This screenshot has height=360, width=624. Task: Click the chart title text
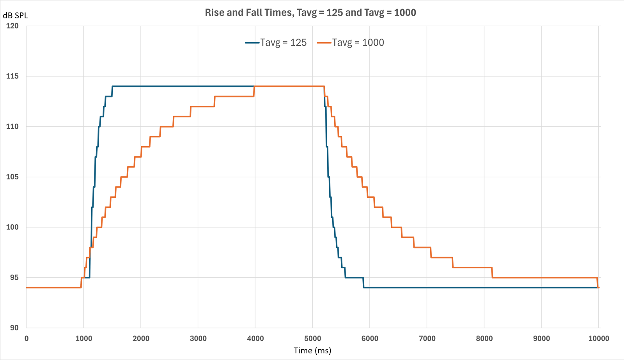pos(310,12)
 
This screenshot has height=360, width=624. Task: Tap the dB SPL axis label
pos(15,16)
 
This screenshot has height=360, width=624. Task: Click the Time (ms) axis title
pos(312,350)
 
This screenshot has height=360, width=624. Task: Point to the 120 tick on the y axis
pos(12,26)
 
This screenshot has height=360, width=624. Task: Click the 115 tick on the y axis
pos(12,76)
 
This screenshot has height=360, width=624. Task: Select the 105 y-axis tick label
pos(12,177)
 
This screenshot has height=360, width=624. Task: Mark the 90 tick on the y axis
pos(14,328)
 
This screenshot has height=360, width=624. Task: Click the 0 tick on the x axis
pos(27,338)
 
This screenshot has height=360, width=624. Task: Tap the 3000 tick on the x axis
pos(198,338)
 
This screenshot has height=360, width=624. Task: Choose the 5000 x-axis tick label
pos(312,338)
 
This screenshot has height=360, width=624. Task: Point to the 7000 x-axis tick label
pos(427,338)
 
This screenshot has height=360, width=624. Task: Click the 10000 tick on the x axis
pos(598,338)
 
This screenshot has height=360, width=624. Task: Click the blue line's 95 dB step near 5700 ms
pos(354,278)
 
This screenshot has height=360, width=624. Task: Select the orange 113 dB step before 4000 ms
pos(234,96)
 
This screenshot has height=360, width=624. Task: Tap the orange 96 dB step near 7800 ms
pos(472,268)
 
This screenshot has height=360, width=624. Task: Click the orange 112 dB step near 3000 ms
pos(202,106)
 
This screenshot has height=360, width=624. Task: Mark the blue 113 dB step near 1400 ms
pos(108,96)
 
